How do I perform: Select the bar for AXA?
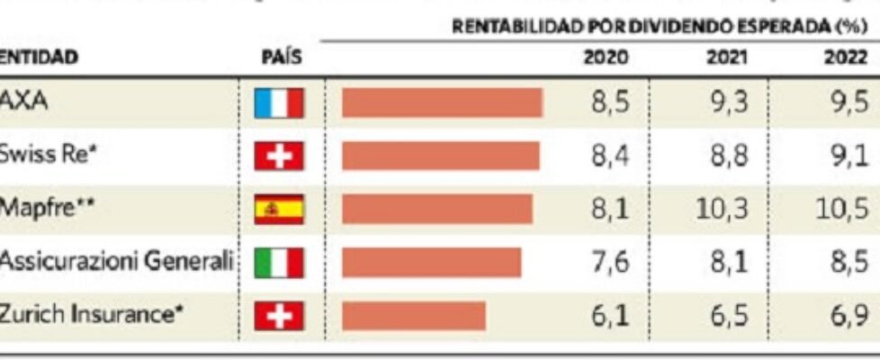442,103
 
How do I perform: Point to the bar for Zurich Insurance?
413,316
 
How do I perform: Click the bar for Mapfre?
436,209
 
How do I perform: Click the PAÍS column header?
280,58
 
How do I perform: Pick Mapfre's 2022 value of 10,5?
845,210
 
